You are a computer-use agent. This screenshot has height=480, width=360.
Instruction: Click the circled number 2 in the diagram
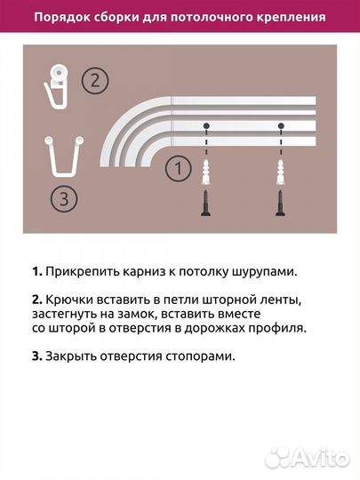(95, 81)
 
